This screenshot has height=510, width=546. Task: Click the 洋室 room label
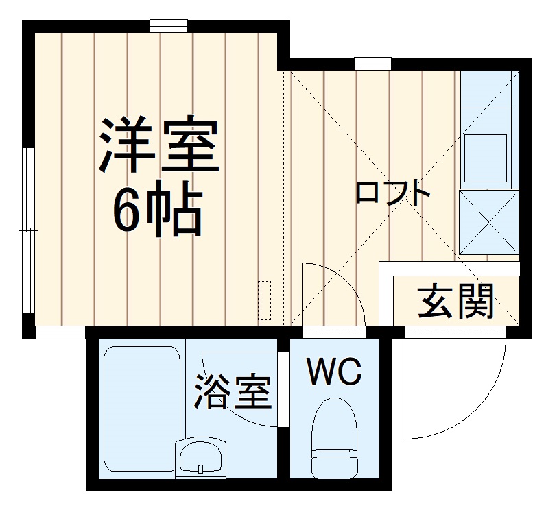click(x=158, y=145)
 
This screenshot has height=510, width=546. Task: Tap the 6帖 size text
click(x=157, y=210)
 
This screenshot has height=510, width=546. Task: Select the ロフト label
click(x=392, y=193)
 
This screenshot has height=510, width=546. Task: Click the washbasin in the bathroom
click(x=200, y=457)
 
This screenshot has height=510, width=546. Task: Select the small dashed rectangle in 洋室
click(x=264, y=300)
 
